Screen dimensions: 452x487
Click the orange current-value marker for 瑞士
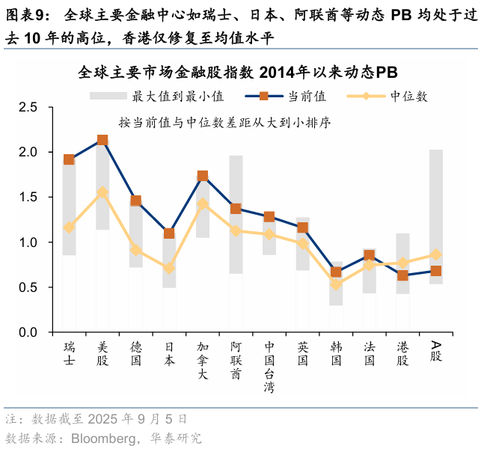69,159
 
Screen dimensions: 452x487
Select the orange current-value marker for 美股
102,140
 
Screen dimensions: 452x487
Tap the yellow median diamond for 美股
102,192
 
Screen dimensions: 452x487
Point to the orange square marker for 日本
169,233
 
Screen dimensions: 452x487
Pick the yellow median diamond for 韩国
336,284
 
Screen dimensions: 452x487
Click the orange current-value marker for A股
436,271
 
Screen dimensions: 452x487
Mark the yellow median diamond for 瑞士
69,227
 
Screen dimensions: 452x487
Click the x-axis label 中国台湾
269,367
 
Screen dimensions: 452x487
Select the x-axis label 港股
402,353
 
